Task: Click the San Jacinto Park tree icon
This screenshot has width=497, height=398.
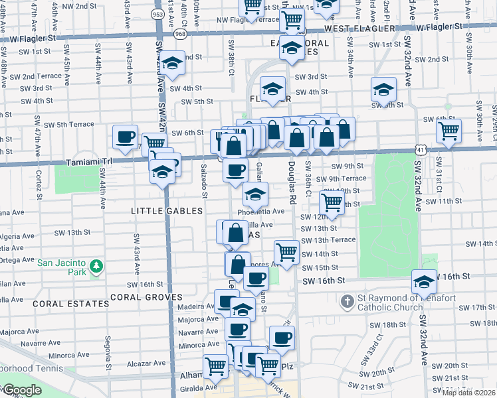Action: click(97, 266)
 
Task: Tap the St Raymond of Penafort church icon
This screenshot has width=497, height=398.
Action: click(346, 302)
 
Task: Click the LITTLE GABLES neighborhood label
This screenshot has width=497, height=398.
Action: click(167, 211)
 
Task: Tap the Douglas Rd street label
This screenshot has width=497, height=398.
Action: click(292, 182)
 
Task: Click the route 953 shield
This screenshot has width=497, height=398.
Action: click(158, 14)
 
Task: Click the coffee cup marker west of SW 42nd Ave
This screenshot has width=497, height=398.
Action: click(125, 137)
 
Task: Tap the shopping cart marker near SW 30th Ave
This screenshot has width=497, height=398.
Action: click(449, 130)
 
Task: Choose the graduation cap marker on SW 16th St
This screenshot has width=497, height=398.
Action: click(424, 281)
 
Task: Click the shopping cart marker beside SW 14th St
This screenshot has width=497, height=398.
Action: click(286, 251)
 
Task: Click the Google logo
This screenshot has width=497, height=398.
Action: click(21, 391)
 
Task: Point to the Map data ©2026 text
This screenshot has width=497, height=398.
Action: click(468, 393)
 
